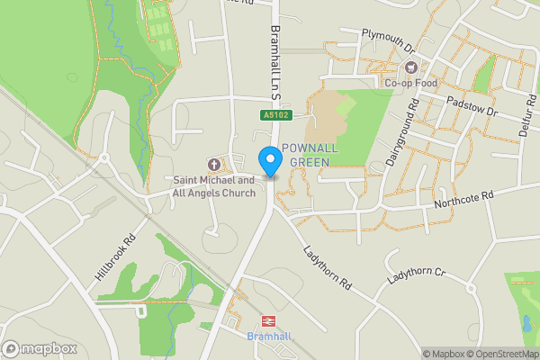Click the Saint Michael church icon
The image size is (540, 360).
[214, 164]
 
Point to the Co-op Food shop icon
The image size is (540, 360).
[411, 67]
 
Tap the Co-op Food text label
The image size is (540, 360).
[411, 84]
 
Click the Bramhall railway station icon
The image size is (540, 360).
[267, 320]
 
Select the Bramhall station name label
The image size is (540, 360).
[267, 337]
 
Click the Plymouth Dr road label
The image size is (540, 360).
[386, 40]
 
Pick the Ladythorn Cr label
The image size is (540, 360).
[416, 278]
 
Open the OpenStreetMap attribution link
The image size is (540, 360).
[499, 353]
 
